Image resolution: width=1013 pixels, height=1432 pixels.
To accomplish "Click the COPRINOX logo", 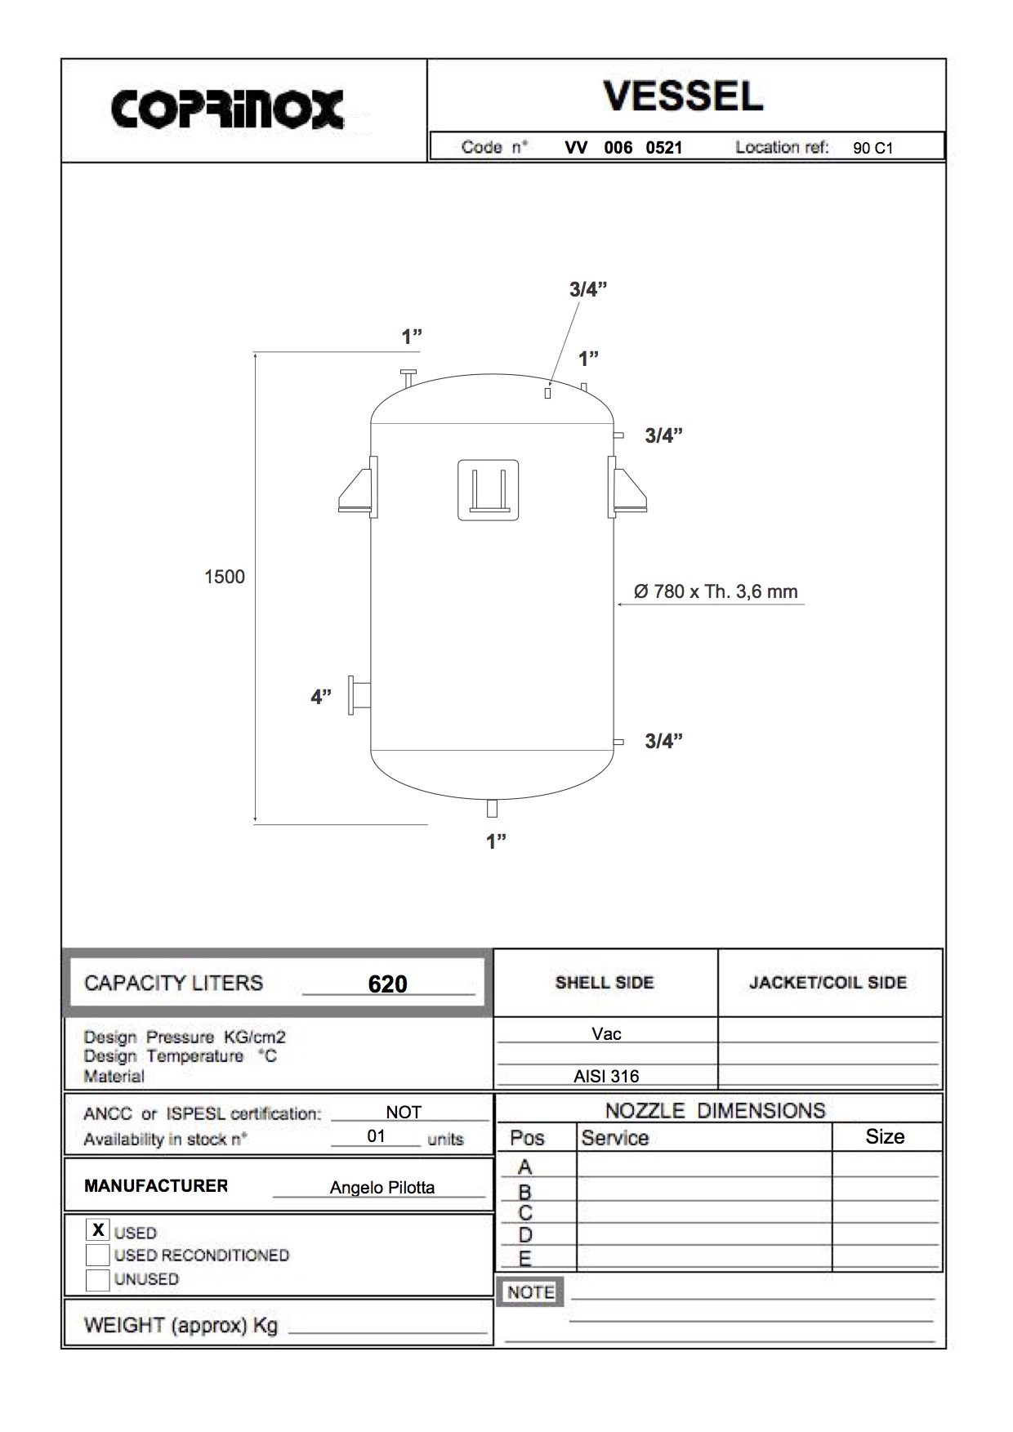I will [227, 109].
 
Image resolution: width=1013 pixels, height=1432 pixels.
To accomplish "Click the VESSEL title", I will [683, 96].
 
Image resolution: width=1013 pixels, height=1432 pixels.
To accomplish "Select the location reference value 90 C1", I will [872, 148].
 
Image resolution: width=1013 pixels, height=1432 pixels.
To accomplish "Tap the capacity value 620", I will [387, 984].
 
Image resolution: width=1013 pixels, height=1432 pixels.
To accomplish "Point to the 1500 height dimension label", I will [224, 577].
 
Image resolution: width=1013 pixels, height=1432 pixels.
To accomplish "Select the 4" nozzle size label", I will [320, 697].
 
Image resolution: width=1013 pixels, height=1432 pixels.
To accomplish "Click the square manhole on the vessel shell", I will [488, 490].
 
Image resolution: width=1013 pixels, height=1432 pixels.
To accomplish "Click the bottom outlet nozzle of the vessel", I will [492, 808].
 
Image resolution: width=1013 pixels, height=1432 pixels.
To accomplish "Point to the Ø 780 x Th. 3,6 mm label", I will [716, 591].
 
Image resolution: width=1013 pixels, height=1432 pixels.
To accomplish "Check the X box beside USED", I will [98, 1229].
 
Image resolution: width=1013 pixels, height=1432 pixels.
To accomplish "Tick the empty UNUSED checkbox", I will [98, 1279].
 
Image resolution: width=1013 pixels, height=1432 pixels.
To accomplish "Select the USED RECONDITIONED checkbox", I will [98, 1255].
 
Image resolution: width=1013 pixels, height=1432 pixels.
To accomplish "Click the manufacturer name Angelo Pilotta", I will [382, 1187].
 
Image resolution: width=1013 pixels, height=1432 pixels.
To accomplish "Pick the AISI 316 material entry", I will [606, 1077].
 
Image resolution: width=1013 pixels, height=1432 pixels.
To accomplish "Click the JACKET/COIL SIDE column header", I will [828, 983].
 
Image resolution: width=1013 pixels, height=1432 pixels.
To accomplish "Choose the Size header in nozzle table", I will [885, 1136].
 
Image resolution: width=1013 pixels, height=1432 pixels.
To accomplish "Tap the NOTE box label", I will [531, 1291].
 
